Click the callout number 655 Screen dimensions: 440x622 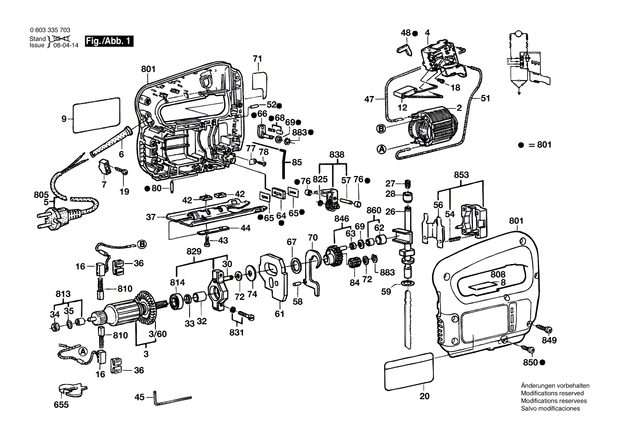tap(62, 405)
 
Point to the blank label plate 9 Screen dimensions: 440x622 tap(96, 115)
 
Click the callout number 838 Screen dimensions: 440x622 tap(336, 154)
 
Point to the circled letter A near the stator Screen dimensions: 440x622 tap(381, 150)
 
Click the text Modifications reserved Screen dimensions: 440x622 tap(549, 393)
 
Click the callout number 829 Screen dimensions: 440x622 tap(194, 251)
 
